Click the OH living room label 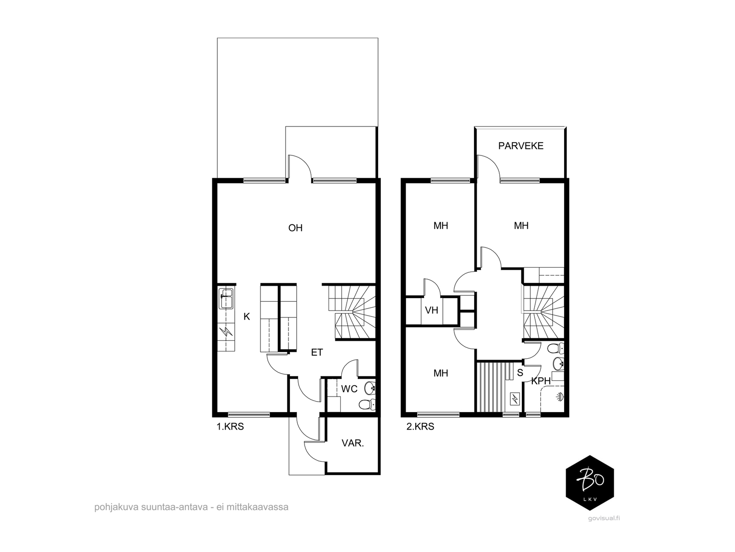[295, 228]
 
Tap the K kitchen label [246, 316]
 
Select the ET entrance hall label [317, 352]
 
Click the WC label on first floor [349, 389]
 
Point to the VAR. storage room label [353, 443]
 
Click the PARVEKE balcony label [520, 146]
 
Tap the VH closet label [432, 310]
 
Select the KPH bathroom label [541, 381]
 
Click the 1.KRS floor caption [230, 427]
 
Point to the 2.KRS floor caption [420, 427]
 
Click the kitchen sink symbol [226, 299]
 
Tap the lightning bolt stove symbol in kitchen [226, 332]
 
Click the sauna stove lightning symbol [514, 399]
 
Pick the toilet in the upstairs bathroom [556, 349]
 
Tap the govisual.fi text [604, 518]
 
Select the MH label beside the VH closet [441, 226]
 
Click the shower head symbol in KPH [559, 397]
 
